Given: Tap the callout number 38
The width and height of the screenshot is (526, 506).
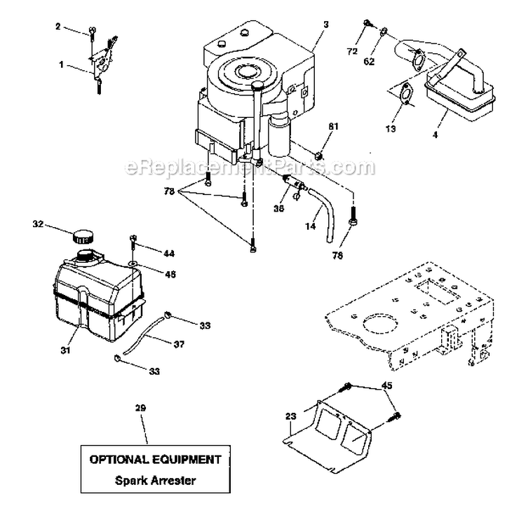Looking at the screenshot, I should (280, 207).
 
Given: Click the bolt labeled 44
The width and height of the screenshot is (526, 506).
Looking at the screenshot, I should (132, 243).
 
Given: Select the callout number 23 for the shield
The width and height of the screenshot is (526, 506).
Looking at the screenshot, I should (291, 416).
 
